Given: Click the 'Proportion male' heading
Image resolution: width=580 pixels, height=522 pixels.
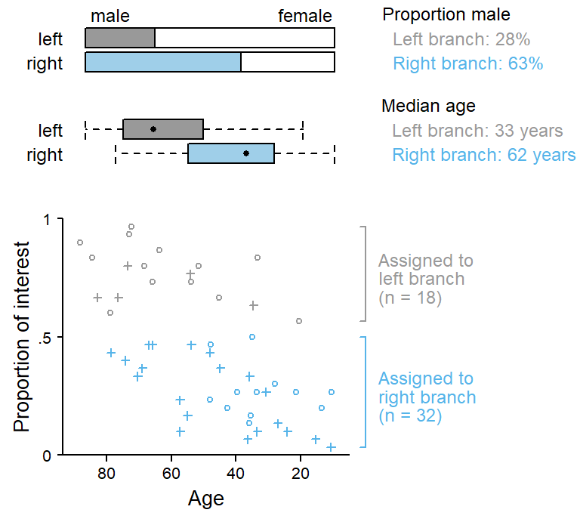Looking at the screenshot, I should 446,15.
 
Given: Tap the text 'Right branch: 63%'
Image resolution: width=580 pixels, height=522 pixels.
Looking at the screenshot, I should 468,63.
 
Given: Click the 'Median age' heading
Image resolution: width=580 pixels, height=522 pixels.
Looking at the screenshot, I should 428,107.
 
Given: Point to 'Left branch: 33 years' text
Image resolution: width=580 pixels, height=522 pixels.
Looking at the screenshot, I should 477,131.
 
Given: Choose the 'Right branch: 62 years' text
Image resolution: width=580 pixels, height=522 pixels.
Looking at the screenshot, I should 484,156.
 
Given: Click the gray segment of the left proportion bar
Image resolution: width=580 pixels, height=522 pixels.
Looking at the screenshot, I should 120,39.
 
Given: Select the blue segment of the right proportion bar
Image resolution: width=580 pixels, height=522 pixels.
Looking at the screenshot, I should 163,62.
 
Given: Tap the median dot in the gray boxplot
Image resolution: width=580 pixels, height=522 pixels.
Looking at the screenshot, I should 153,129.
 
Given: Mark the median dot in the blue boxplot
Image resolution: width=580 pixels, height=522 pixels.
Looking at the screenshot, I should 246,153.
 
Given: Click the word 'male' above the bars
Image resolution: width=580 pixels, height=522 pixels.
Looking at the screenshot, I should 110,16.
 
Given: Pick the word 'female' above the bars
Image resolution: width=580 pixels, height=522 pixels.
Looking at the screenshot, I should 305,16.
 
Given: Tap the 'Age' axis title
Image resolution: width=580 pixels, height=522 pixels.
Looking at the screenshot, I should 205,499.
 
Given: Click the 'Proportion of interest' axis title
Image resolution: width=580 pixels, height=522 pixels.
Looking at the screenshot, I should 23,337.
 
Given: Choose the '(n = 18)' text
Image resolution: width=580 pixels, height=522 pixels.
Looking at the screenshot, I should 410,298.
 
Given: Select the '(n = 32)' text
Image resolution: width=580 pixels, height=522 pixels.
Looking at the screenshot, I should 410,415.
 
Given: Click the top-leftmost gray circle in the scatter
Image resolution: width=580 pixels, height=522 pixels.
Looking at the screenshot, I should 80,242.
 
